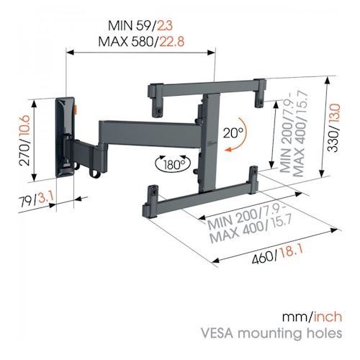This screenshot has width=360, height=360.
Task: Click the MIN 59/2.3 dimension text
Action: pos(140,26)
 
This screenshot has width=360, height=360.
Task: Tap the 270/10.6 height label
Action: pos(24,140)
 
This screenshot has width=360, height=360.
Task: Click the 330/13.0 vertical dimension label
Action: pos(334,127)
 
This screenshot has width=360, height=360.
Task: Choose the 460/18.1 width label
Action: pos(277,254)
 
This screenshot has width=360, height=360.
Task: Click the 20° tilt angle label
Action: pos(233,132)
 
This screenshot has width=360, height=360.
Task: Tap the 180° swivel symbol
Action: pos(173,164)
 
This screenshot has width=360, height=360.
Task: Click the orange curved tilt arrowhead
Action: pos(228,150)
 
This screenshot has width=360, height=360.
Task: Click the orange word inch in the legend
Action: pos(328,316)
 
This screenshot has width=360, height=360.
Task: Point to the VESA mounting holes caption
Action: pos(271,334)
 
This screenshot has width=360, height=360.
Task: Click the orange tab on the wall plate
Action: pos(76,109)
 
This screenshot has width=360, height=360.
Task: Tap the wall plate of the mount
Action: pos(64,138)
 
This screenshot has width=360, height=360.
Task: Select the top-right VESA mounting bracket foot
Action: pos(261,94)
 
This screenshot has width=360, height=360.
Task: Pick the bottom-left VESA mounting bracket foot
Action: pos(150,201)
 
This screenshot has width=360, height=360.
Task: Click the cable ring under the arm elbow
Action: pos(95,173)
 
